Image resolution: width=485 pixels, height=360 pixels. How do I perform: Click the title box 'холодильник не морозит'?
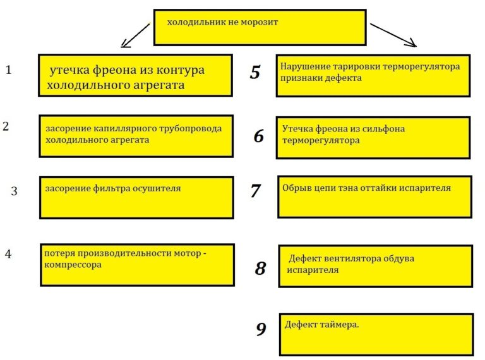pos(260,28)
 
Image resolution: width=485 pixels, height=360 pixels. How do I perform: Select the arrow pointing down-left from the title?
pos(135,35)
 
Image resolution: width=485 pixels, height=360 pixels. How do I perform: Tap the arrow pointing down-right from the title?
pos(393,35)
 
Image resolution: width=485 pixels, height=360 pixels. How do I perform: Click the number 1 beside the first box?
pos(8,69)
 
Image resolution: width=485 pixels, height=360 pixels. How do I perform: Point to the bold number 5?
pos(255,72)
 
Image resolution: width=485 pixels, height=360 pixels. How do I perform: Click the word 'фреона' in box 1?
pos(114,70)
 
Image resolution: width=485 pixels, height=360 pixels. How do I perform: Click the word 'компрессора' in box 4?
pos(73,265)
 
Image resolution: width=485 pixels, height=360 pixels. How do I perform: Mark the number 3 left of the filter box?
pos(15,191)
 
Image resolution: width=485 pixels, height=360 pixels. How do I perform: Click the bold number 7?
pos(256,190)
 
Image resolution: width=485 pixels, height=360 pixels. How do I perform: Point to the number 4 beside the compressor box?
pos(8,254)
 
